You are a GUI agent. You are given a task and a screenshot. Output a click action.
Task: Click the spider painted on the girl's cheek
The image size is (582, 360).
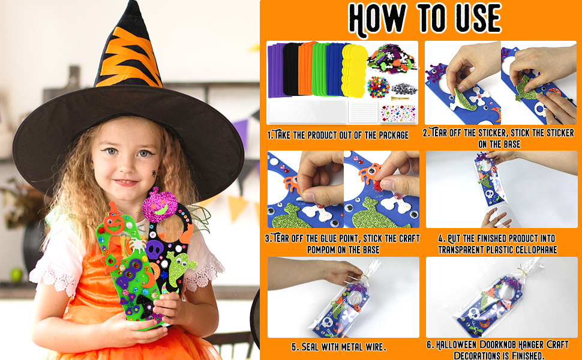tap(155, 173)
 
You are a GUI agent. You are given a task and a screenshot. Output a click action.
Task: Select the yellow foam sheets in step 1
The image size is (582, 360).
tap(353, 68)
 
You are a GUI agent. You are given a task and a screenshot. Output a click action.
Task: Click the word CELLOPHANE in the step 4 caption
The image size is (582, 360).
tap(532, 250)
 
